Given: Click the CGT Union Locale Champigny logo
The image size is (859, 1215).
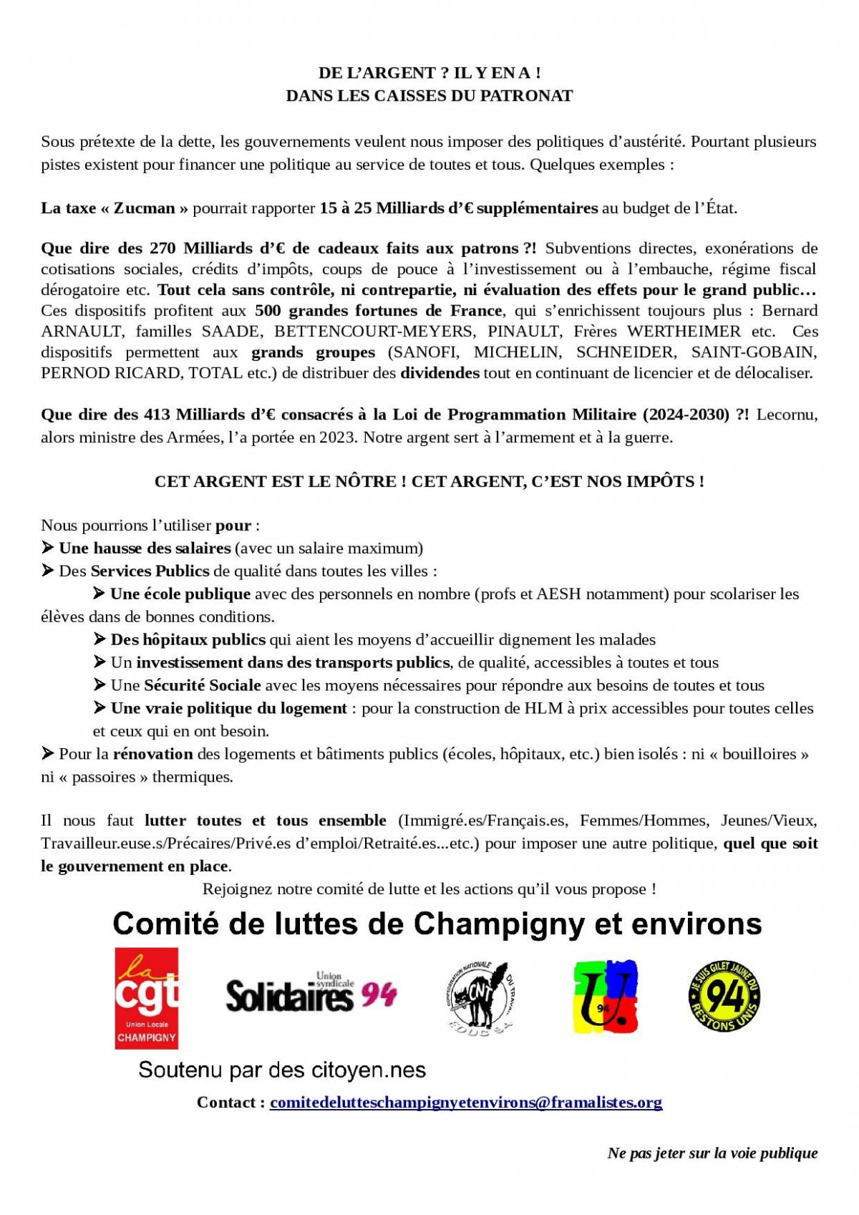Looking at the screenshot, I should tap(147, 998).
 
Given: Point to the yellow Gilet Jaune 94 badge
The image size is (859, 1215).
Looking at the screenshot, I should tap(724, 996).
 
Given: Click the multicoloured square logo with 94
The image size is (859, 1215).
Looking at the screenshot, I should tap(606, 997).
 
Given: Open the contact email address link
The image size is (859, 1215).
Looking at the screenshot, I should tap(465, 1103).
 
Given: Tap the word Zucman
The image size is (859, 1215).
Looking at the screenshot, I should tap(144, 208).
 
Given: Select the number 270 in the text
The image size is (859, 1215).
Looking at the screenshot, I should tap(162, 248).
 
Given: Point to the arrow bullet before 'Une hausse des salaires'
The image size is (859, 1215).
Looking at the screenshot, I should tap(47, 548).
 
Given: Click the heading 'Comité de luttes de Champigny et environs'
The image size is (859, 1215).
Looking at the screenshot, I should tap(437, 924).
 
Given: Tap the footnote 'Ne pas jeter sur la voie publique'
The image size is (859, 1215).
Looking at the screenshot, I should tap(712, 1153).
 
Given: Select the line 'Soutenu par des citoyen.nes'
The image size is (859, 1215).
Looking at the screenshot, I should tap(282, 1070).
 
